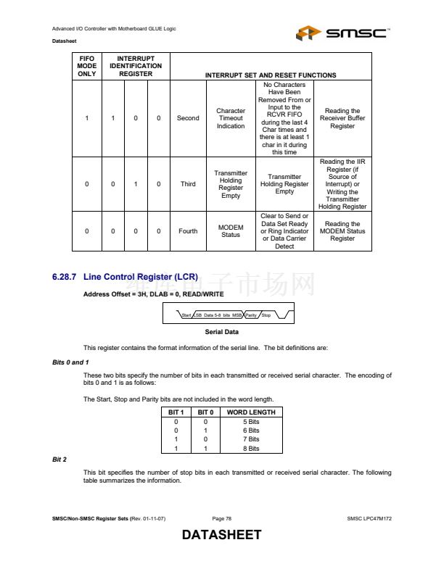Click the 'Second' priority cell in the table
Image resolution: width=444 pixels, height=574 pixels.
[188, 118]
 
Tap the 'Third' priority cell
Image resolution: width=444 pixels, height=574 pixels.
[188, 184]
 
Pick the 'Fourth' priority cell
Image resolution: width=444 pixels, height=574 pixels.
[188, 231]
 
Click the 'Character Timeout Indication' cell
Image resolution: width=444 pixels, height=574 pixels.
[231, 118]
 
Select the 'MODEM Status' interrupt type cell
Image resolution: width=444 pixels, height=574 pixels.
[231, 231]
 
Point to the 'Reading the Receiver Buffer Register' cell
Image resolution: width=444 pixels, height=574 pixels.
[342, 118]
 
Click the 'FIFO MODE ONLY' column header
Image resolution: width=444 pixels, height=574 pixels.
[86, 66]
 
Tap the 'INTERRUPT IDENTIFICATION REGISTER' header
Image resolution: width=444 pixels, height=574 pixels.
[136, 66]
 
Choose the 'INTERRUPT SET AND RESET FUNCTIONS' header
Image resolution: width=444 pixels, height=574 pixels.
[271, 75]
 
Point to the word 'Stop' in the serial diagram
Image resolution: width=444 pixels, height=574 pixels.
[266, 315]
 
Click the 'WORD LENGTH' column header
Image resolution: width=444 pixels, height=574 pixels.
[250, 412]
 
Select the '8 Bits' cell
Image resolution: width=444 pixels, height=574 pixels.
[250, 449]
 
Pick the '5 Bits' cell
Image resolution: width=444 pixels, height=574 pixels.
[250, 421]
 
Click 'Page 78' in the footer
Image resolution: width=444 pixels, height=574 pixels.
[222, 519]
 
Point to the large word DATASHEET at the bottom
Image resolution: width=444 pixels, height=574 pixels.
[221, 536]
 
